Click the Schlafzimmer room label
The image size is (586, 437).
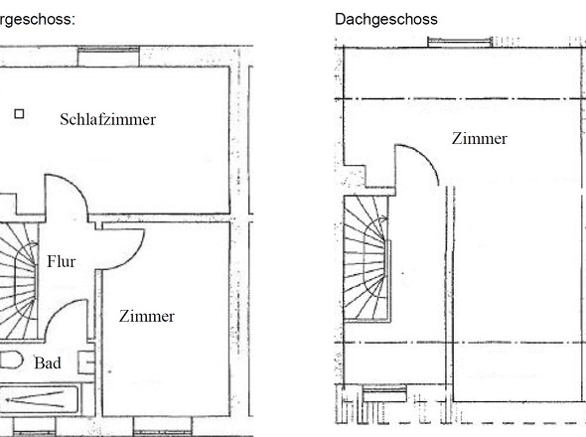[108, 119]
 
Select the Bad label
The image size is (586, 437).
[48, 364]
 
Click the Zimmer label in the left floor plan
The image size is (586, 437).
[146, 317]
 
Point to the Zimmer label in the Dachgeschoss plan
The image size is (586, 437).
[479, 139]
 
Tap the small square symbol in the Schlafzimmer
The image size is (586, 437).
[18, 114]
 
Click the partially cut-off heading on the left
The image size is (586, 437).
[36, 19]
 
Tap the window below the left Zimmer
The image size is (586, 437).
[162, 433]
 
